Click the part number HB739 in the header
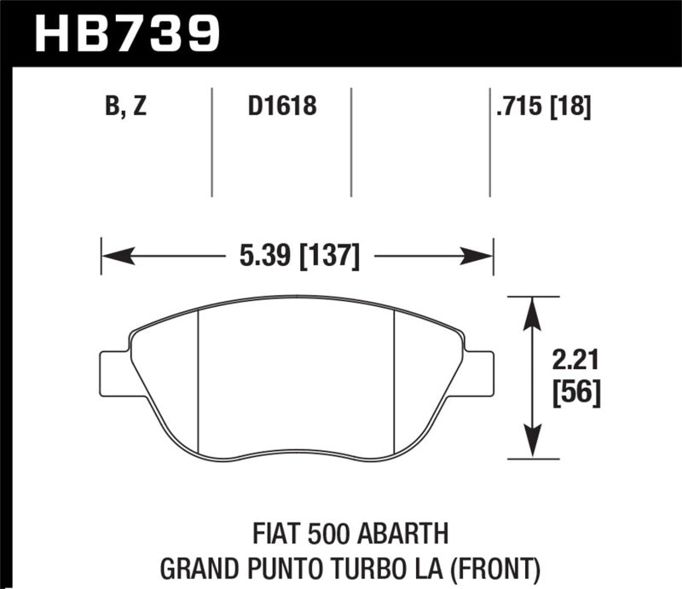point(126,32)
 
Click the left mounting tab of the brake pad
point(115,372)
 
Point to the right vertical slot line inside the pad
point(392,379)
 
